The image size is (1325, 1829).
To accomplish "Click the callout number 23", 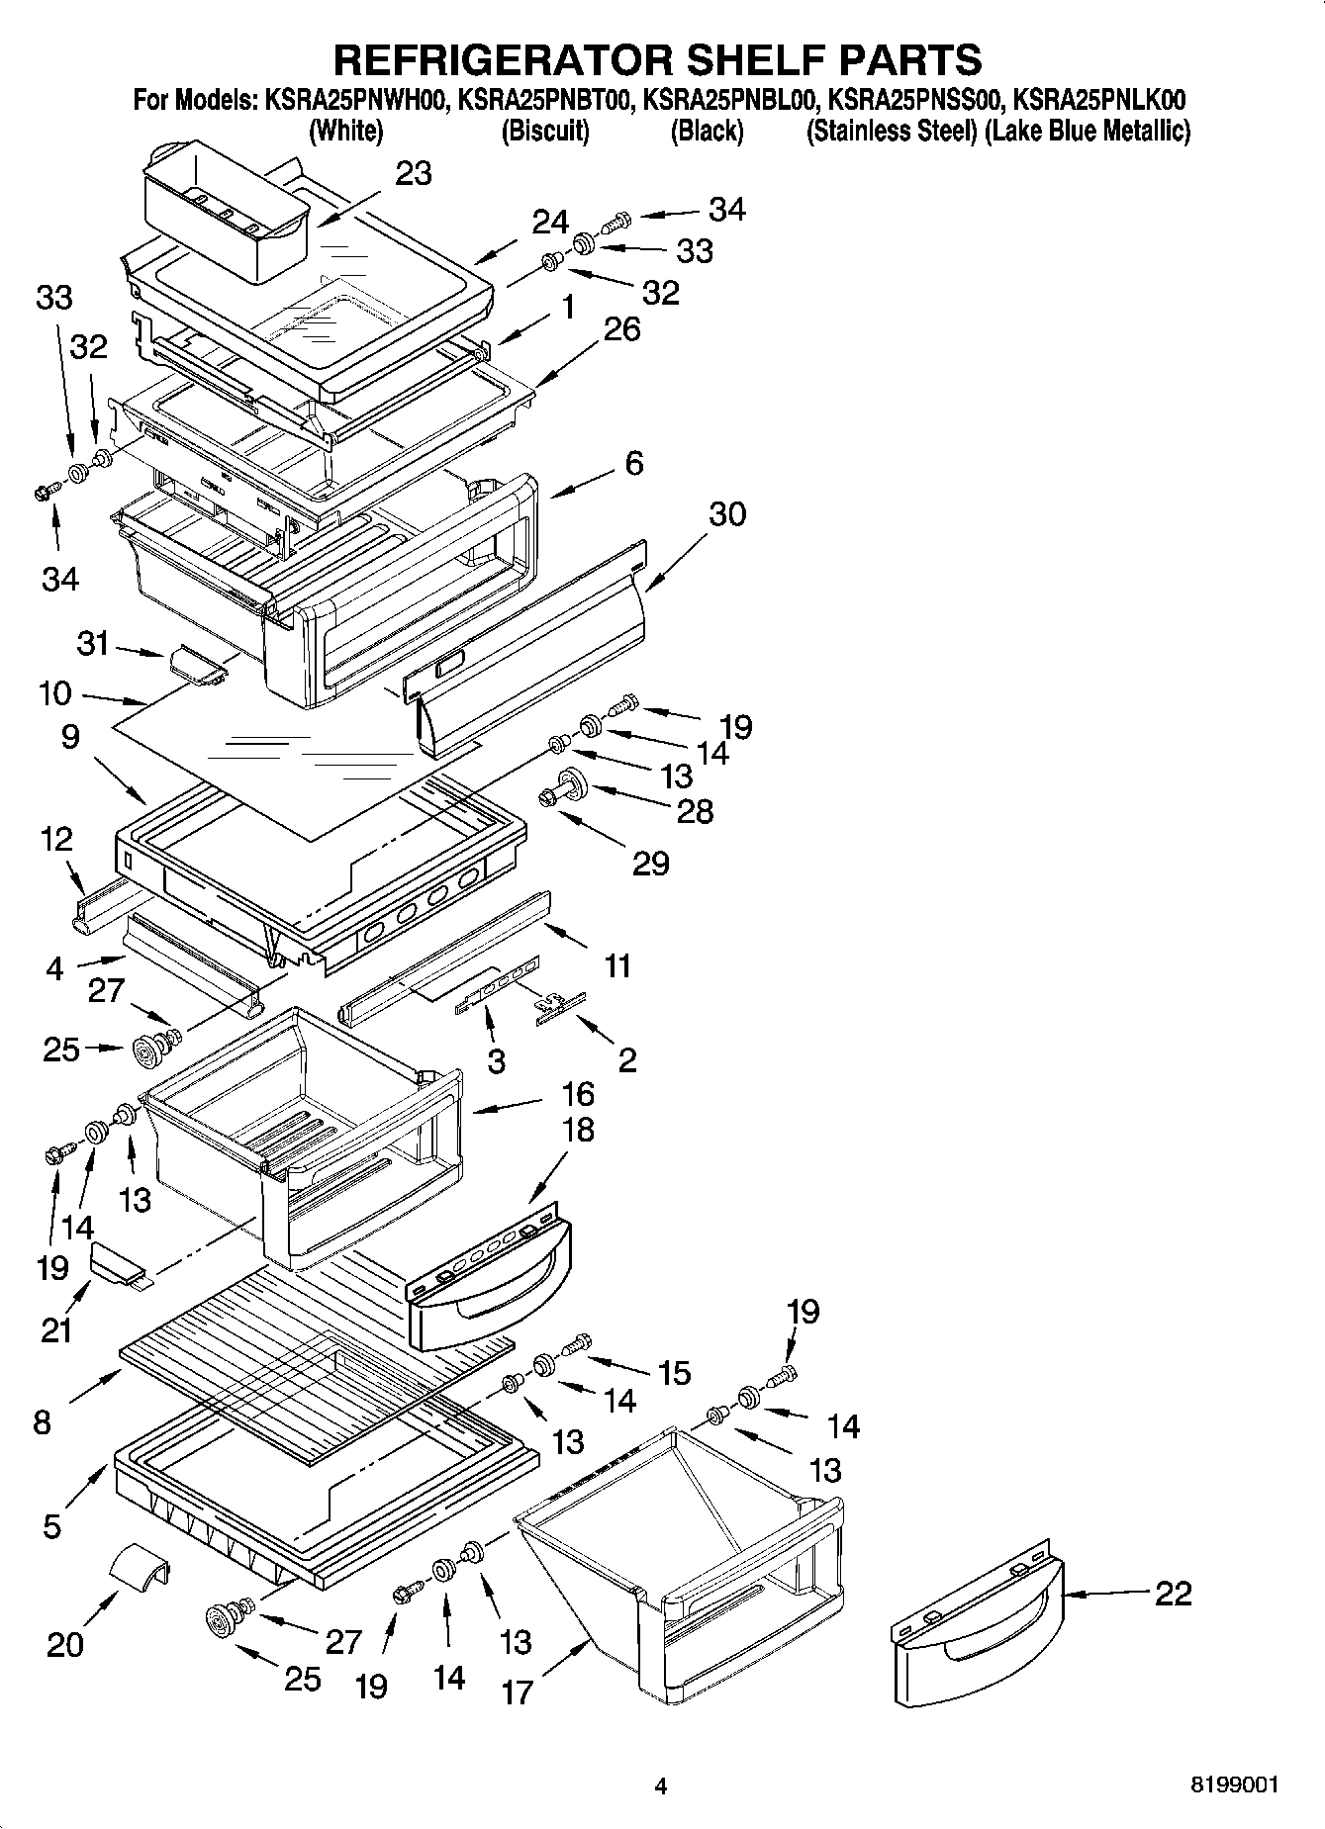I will point(414,173).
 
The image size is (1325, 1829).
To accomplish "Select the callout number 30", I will point(727,514).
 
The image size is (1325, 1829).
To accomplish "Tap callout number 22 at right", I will point(1174,1594).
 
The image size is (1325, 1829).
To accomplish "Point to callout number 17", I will point(517,1692).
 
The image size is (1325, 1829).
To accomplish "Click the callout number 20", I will point(65,1644).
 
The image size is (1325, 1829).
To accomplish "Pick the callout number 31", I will point(93,644).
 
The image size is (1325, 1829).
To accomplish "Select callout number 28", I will point(695,812).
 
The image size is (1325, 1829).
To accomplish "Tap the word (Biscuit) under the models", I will point(545,131).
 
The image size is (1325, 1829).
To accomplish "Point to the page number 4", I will point(661,1786).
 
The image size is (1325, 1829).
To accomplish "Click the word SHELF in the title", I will point(710,59).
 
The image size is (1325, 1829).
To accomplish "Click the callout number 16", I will point(578,1094).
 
